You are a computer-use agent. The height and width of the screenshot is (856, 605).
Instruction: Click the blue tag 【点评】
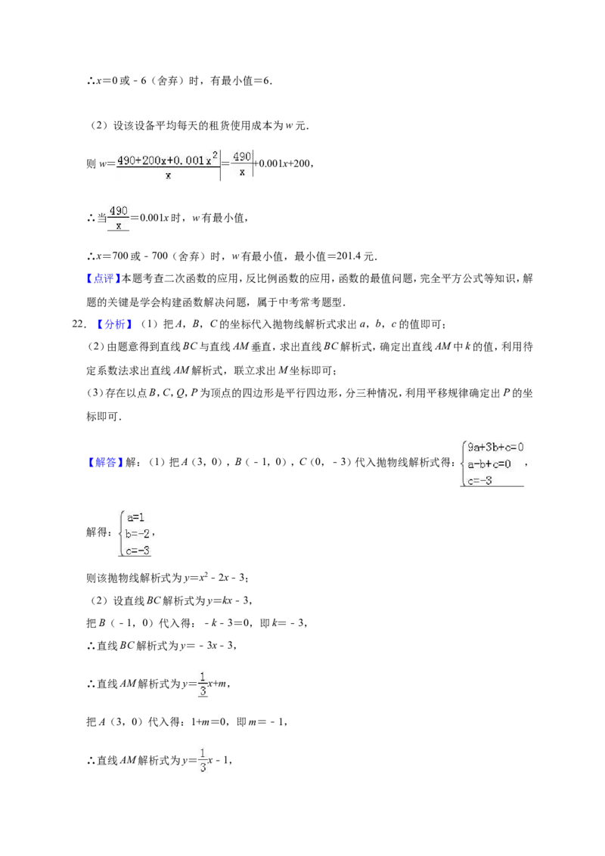[103, 279]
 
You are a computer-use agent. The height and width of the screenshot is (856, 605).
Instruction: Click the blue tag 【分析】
[114, 324]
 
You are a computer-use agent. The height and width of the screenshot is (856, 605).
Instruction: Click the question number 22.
[79, 324]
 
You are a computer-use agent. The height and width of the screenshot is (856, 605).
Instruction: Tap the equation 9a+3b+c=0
[495, 447]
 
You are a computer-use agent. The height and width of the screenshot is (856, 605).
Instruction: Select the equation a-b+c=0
[489, 464]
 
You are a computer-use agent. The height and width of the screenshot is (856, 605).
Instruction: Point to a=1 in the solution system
[135, 517]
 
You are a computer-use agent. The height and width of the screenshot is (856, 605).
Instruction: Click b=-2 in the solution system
[137, 533]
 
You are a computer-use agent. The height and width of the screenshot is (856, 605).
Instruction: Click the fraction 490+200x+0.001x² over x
[168, 166]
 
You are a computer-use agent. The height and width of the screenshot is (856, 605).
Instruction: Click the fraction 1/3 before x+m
[203, 684]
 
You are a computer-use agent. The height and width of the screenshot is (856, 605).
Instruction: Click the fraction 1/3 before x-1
[203, 761]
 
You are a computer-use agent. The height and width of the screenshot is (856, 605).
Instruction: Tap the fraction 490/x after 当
[119, 218]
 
